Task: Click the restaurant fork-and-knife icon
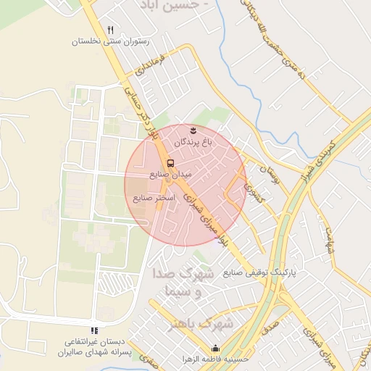[110, 30]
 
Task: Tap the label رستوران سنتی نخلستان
[110, 42]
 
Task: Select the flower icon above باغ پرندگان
[193, 130]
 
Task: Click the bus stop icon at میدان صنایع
[170, 163]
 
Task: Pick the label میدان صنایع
[170, 175]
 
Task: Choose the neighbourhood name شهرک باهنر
[199, 324]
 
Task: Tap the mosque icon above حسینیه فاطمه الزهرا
[214, 348]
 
